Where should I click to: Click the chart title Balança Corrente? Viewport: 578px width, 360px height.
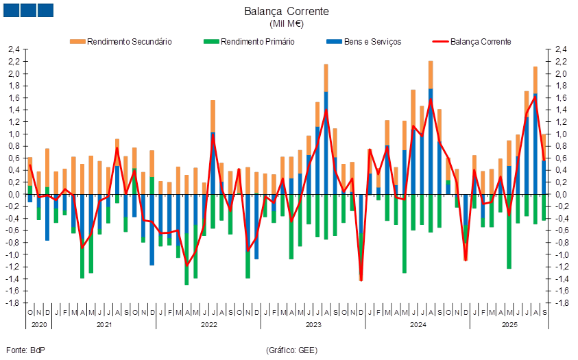click(287, 11)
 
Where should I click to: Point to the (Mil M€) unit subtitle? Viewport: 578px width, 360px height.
click(287, 24)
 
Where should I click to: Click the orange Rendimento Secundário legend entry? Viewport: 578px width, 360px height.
click(121, 42)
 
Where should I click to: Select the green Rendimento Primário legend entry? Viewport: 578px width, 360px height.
click(250, 42)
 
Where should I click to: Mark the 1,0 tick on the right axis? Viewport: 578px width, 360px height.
click(561, 134)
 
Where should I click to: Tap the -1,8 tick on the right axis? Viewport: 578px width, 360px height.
click(561, 303)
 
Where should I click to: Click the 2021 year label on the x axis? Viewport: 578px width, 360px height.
click(104, 323)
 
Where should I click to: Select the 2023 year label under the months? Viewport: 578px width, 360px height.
click(313, 323)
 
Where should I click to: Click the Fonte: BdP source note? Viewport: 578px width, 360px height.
click(25, 350)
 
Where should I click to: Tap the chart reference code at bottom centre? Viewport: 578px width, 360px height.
click(291, 350)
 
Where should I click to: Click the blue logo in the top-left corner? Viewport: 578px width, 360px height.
click(28, 10)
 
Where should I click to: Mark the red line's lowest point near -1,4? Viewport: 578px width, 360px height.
click(361, 279)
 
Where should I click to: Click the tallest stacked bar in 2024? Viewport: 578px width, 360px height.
click(431, 123)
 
